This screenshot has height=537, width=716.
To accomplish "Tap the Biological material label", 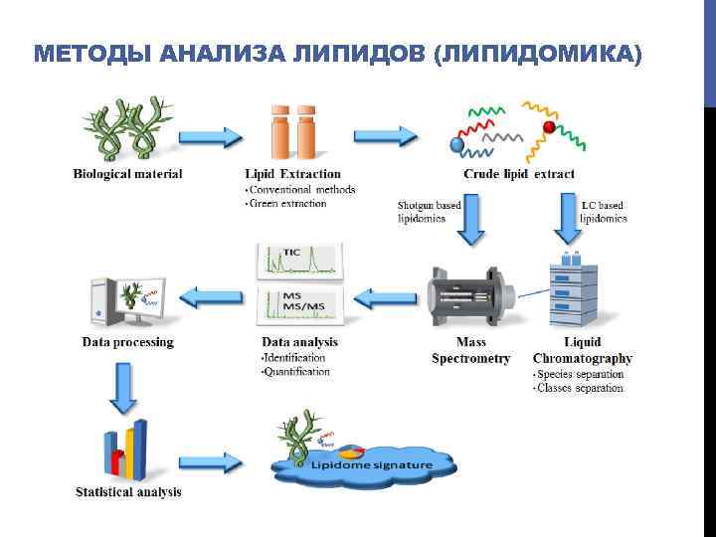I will click(x=127, y=174).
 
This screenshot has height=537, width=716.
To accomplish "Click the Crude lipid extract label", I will click(x=519, y=174).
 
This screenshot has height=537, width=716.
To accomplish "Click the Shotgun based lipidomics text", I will click(x=430, y=211).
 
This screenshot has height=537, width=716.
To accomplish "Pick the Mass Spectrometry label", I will click(x=470, y=350).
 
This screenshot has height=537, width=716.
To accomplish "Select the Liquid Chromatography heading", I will click(x=583, y=350).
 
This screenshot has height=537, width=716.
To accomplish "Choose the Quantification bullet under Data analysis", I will click(x=295, y=371).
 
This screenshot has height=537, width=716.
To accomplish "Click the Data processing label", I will click(x=127, y=342).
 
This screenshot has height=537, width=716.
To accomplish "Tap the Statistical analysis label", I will click(x=128, y=491).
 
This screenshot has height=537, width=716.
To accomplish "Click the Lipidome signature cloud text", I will click(x=372, y=465).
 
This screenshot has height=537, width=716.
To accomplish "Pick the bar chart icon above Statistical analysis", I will click(x=125, y=449).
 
